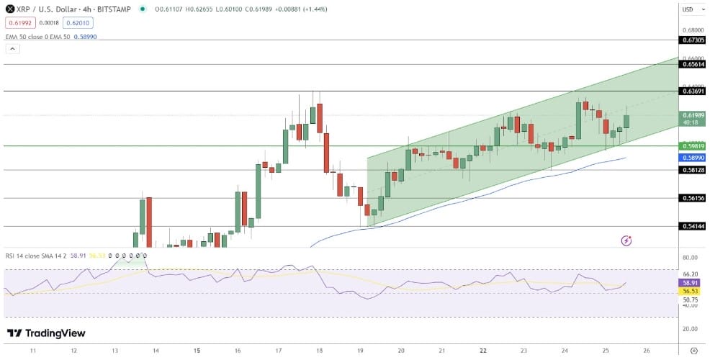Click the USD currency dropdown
click(688, 9)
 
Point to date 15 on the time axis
click(197, 350)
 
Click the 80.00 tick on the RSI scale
click(691, 258)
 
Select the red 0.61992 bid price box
click(19, 22)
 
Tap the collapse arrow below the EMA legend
click(12, 48)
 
